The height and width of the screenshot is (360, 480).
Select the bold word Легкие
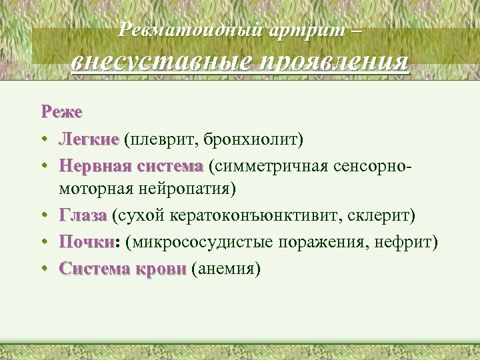coord(88,139)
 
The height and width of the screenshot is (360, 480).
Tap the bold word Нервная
coord(96,165)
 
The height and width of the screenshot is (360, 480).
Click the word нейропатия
coord(189,189)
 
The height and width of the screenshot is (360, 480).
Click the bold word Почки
coord(87,241)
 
